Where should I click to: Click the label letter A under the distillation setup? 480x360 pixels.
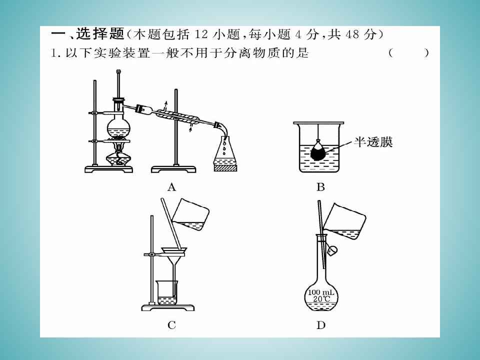pos(171,186)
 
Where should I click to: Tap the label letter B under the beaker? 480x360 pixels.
pos(320,186)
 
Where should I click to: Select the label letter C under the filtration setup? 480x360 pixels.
pos(171,325)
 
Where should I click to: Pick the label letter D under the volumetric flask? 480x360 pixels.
pos(321,325)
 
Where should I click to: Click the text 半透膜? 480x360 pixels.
pos(373,142)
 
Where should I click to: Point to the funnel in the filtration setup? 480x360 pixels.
pos(174,263)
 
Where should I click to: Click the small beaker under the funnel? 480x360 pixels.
pos(167,293)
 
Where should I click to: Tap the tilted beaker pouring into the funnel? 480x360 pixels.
pos(190,215)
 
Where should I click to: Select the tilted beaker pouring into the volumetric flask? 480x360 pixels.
pos(344,220)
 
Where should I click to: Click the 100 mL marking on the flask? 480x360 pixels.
pos(321,292)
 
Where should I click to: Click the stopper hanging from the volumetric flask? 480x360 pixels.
pos(332,250)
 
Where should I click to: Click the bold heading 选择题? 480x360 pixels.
pos(100,33)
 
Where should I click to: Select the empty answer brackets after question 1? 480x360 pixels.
pos(408,53)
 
